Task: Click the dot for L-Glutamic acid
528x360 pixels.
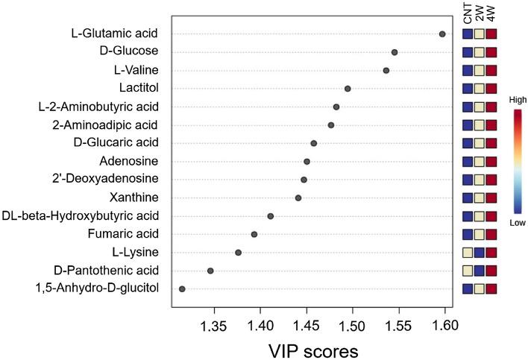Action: [442, 34]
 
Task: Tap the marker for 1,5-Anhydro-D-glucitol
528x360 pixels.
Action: [182, 288]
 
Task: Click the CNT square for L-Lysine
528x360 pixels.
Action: [468, 253]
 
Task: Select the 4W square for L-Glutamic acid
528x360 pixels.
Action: [491, 34]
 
